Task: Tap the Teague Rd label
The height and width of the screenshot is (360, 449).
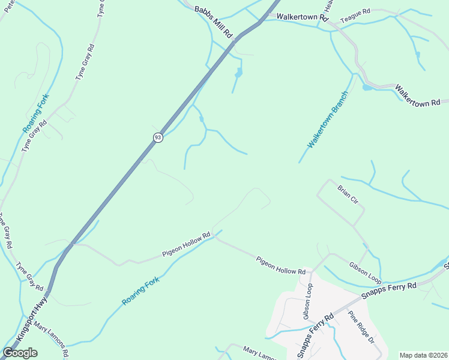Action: tap(356, 19)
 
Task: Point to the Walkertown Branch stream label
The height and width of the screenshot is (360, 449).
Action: tap(328, 120)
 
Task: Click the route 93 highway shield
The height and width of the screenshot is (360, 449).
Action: tap(158, 137)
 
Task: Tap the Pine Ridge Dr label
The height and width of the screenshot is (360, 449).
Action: tap(361, 326)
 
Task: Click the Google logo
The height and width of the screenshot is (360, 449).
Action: tap(20, 353)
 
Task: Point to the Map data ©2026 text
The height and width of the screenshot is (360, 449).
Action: tap(423, 355)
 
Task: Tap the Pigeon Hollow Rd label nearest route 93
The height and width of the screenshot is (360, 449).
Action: tap(187, 245)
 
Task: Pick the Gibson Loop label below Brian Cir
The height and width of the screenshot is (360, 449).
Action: tap(365, 271)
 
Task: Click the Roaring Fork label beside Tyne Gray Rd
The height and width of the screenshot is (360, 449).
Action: tap(35, 113)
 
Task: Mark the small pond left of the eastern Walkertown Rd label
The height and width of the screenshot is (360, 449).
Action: tap(366, 88)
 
